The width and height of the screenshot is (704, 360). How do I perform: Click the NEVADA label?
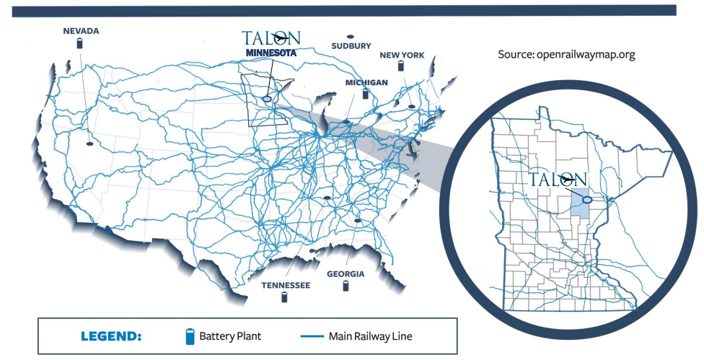pos(81,31)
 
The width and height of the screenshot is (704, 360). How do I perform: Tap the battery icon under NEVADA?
pos(81,43)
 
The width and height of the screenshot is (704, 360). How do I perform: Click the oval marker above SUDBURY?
pos(351,35)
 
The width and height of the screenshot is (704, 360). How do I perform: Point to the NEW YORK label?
pos(402,55)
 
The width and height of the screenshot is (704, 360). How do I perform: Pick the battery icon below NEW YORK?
pos(402,66)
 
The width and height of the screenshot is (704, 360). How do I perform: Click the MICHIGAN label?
pos(366,83)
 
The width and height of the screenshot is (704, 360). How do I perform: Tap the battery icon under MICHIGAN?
pos(366,94)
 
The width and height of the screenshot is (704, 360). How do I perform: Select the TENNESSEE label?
pos(286,286)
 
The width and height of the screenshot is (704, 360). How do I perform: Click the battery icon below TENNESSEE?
pos(285,297)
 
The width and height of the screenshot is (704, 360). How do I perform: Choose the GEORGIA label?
pos(346,274)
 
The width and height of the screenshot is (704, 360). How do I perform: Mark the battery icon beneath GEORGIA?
pos(346,286)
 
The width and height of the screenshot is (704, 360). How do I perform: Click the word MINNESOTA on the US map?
pos(270,53)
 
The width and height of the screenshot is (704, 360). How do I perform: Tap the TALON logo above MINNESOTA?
pos(270,38)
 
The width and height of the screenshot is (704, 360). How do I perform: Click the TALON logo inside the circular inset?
pos(558,179)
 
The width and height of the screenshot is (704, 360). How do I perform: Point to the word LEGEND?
pos(111,336)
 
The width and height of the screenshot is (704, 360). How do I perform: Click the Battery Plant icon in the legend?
pos(190,336)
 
